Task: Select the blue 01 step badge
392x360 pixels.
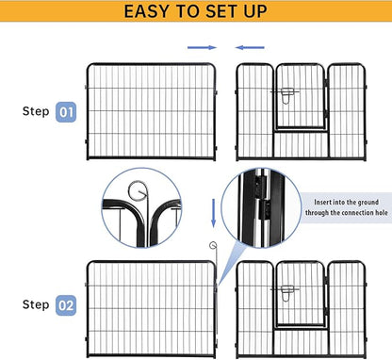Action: pyautogui.click(x=66, y=110)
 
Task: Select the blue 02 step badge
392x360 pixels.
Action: pyautogui.click(x=66, y=305)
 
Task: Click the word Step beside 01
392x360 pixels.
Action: pyautogui.click(x=36, y=110)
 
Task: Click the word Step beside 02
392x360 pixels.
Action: pyautogui.click(x=36, y=305)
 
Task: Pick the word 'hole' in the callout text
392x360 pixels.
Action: pyautogui.click(x=367, y=213)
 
